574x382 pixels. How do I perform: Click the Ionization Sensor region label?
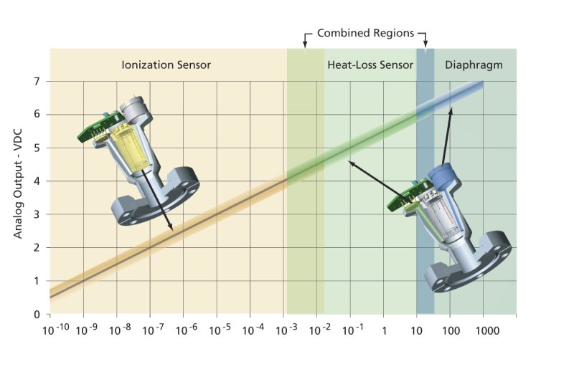166,65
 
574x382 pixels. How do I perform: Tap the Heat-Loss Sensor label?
370,65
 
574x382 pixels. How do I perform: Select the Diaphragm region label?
473,65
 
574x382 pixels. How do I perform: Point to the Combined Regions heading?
365,34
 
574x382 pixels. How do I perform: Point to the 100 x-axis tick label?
450,331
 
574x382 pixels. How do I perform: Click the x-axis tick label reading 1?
384,331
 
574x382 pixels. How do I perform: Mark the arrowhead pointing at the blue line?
451,109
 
